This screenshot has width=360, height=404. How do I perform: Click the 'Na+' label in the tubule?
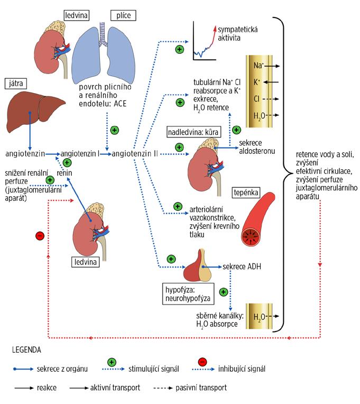[259, 66]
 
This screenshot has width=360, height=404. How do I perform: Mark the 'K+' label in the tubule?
[257, 82]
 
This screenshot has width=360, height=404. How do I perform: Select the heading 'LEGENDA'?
[27, 350]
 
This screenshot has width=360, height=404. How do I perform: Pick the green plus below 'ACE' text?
[114, 130]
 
